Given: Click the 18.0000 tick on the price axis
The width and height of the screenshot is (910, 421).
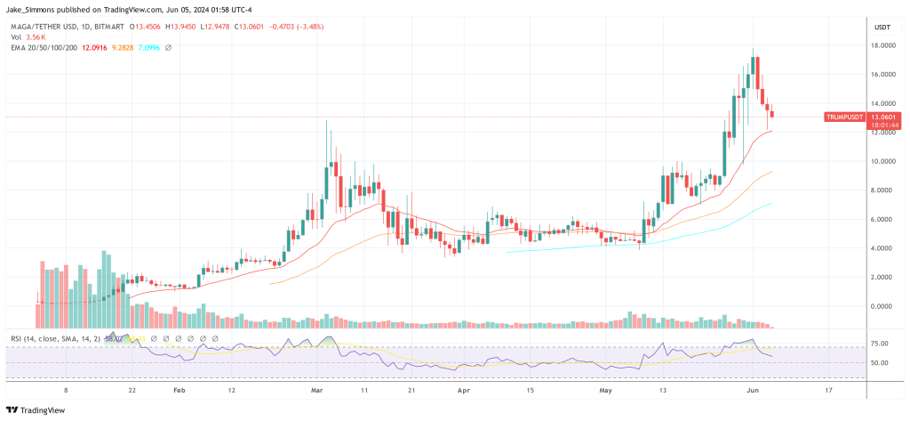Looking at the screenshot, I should (882, 45).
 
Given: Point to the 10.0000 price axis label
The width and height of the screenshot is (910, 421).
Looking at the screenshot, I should (882, 161).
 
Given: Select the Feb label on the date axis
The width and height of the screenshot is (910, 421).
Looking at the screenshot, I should (179, 390).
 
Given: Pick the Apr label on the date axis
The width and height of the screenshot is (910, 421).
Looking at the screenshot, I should (462, 390).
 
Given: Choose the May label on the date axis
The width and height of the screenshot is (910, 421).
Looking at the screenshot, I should (606, 390).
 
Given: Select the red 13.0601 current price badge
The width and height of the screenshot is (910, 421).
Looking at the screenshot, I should (883, 117).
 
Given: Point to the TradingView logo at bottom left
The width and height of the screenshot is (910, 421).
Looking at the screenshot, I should (41, 409).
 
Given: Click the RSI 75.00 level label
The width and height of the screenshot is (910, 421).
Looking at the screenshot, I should (879, 343).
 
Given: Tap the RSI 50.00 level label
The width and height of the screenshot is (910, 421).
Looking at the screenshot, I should (879, 363).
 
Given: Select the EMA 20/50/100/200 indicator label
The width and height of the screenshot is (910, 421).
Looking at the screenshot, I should (43, 47).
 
